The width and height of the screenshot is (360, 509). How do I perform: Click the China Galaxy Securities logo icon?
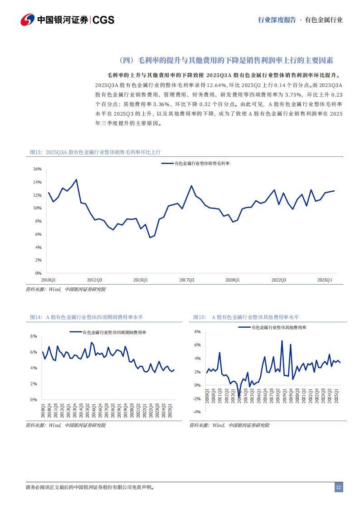pyautogui.click(x=28, y=19)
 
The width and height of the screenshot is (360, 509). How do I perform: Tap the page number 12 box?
pyautogui.click(x=338, y=487)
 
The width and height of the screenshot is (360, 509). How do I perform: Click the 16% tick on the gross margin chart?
pyautogui.click(x=37, y=169)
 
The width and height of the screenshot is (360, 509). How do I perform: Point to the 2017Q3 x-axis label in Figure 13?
pyautogui.click(x=186, y=280)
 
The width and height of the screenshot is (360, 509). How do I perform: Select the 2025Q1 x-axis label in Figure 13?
pyautogui.click(x=325, y=280)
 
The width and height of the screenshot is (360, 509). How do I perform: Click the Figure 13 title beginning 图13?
pyautogui.click(x=95, y=152)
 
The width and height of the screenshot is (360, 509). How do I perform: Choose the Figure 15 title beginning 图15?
pyautogui.click(x=246, y=317)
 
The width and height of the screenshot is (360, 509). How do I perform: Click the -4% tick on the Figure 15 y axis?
pyautogui.click(x=197, y=412)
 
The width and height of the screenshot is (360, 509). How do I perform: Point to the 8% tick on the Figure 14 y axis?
pyautogui.click(x=33, y=336)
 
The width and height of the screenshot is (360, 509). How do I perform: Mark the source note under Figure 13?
pyautogui.click(x=65, y=289)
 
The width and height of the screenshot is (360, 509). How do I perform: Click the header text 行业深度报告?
pyautogui.click(x=277, y=20)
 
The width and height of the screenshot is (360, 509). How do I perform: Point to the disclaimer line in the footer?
pyautogui.click(x=90, y=488)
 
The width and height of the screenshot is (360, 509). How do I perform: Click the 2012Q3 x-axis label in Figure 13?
pyautogui.click(x=94, y=280)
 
